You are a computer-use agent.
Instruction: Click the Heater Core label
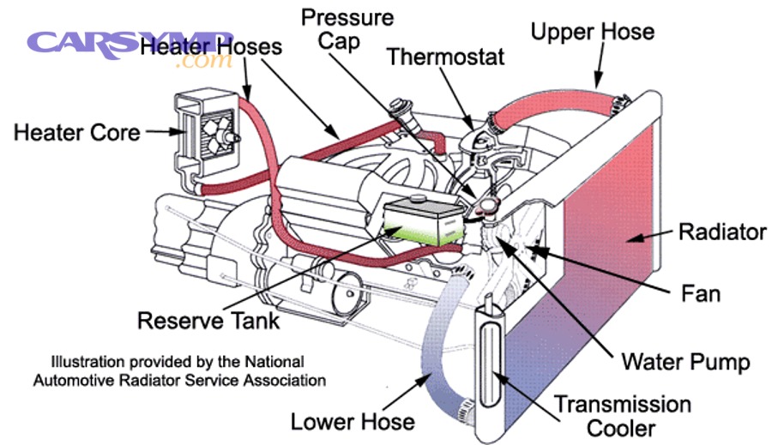76,133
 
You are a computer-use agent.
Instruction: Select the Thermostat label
445,57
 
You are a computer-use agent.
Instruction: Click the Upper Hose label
592,33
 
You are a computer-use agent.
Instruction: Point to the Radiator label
721,232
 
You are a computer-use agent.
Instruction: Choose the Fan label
700,294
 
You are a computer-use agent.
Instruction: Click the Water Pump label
685,361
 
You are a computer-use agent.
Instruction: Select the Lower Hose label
352,421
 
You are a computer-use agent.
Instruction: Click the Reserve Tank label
208,321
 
